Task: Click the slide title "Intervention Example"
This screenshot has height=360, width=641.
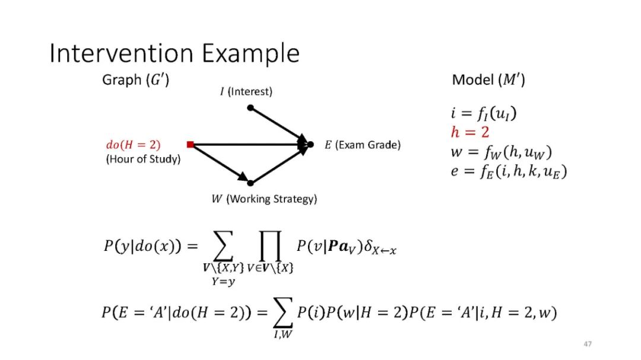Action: pos(174,53)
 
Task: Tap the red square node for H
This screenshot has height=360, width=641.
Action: pos(190,144)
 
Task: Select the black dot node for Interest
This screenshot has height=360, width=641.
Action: pos(250,108)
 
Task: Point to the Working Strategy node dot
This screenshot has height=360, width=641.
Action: pos(250,183)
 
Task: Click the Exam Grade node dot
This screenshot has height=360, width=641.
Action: pos(310,144)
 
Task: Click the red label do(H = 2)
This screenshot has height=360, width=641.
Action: pos(133,144)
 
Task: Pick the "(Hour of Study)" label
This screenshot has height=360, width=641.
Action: pos(142,159)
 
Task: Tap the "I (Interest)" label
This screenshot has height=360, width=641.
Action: pos(246,91)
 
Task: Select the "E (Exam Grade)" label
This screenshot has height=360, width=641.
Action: pos(362,145)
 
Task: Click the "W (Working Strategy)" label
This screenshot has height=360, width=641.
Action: pos(264,199)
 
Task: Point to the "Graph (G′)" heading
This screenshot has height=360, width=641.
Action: pos(136,79)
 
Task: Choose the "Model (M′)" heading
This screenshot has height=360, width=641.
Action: pos(488,79)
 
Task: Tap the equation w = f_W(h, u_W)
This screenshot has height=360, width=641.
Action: pos(501,152)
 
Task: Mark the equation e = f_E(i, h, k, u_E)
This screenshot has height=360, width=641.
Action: pos(509,172)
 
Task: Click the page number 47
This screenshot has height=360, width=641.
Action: pos(588,344)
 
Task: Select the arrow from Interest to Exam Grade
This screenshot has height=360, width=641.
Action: pos(279,125)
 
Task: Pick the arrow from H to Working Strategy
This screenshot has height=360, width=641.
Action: pos(220,163)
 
